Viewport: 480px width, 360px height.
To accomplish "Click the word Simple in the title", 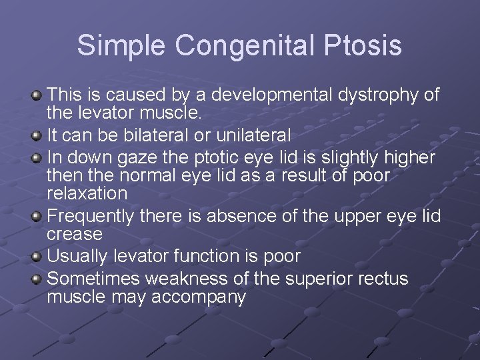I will tap(121, 45).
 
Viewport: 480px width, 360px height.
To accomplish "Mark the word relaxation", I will tap(87, 194).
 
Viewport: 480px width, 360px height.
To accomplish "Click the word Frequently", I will tap(91, 216).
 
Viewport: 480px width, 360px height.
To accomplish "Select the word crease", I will tap(74, 235).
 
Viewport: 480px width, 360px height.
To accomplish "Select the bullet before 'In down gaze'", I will tap(37, 159).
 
